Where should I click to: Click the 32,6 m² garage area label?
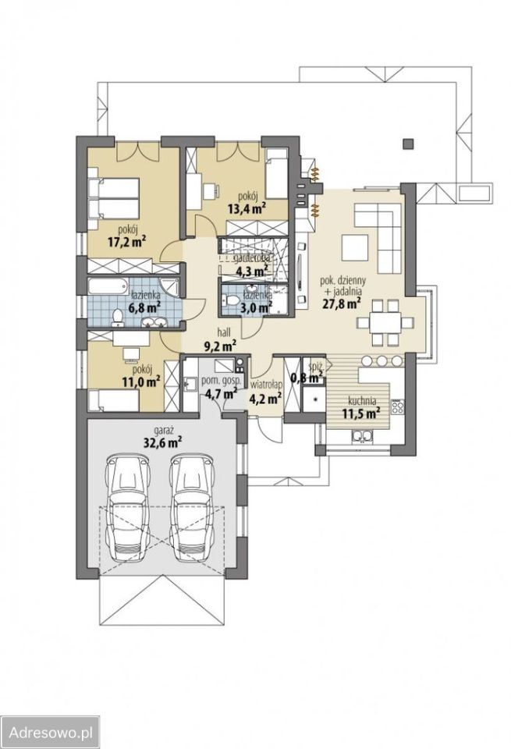click(163, 442)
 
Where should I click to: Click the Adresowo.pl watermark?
click(50, 732)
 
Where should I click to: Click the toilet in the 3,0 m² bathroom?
click(232, 300)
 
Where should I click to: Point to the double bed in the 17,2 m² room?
click(114, 197)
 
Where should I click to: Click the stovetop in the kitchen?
click(397, 407)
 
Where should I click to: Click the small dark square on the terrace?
click(407, 144)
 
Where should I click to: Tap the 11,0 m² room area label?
click(140, 382)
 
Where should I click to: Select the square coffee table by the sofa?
click(354, 247)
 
